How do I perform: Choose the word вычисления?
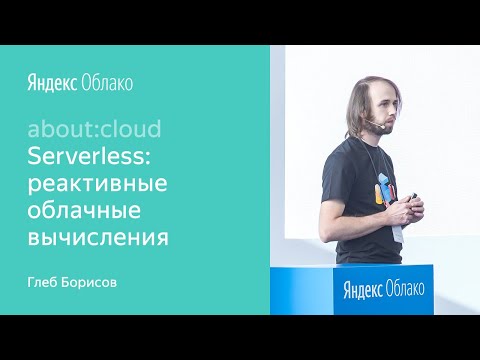[x=98, y=238]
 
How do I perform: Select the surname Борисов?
[x=97, y=281]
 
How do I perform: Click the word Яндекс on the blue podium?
[x=364, y=290]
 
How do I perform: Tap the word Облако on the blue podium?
[x=407, y=290]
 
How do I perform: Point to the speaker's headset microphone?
[x=372, y=127]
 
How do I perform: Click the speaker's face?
[x=384, y=111]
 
